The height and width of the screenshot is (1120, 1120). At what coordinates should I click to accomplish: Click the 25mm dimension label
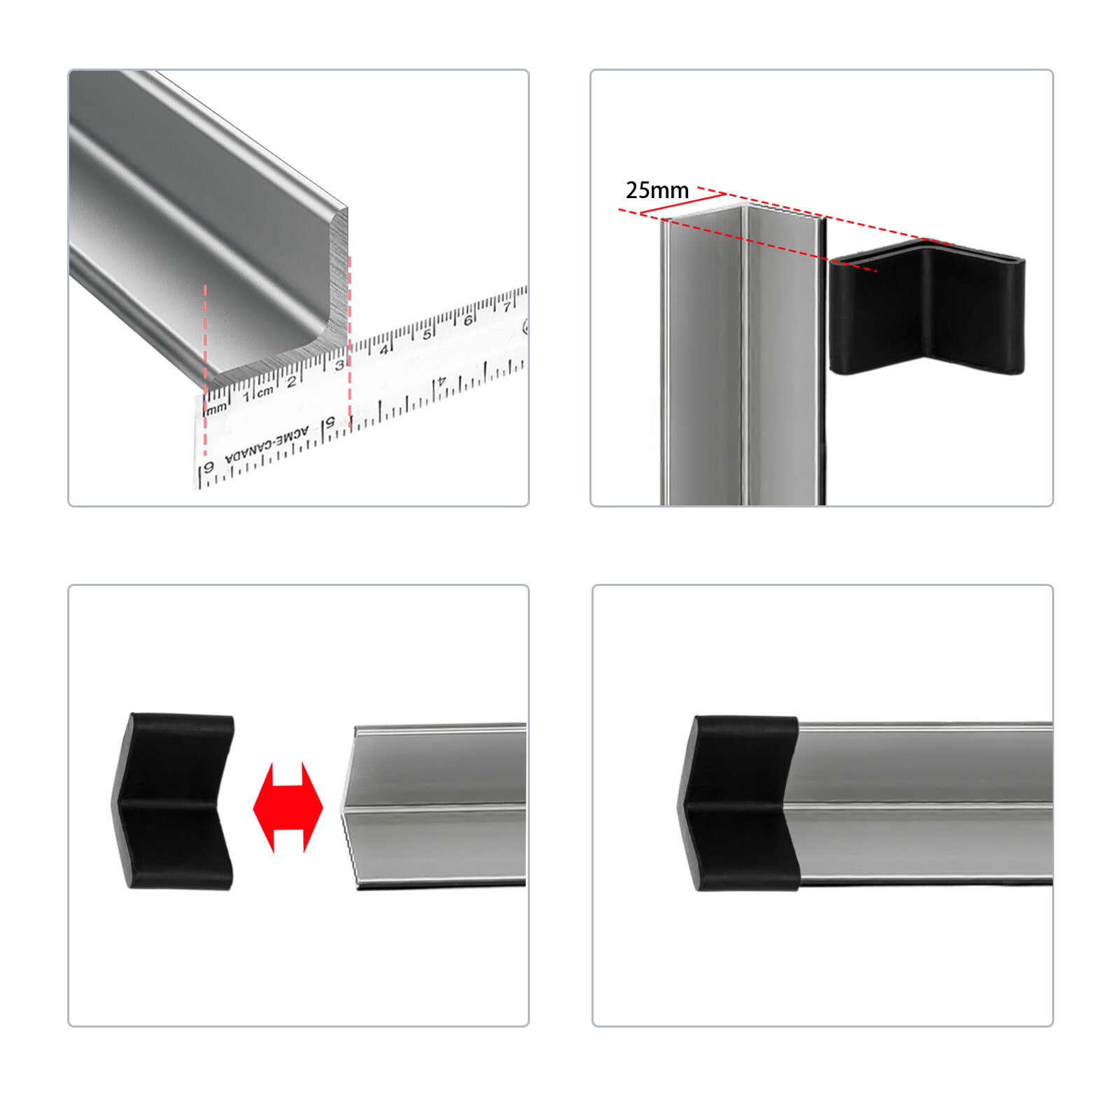coord(657,190)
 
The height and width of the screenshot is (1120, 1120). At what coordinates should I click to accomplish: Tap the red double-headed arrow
coord(288,807)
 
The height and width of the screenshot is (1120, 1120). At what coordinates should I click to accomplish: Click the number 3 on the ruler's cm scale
coord(339,365)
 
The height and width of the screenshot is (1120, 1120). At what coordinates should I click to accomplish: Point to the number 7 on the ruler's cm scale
coord(507,307)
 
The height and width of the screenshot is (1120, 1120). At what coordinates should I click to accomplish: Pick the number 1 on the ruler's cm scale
coord(246,397)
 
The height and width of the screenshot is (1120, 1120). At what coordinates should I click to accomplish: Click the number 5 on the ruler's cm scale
coord(426,335)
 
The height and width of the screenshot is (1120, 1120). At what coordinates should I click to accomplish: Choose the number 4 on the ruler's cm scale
coord(384,349)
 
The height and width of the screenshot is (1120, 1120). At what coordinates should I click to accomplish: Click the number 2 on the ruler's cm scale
coord(292,382)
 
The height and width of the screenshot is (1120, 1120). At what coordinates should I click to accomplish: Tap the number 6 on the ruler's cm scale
coord(468,321)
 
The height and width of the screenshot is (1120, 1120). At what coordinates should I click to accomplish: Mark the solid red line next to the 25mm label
coord(682,204)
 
